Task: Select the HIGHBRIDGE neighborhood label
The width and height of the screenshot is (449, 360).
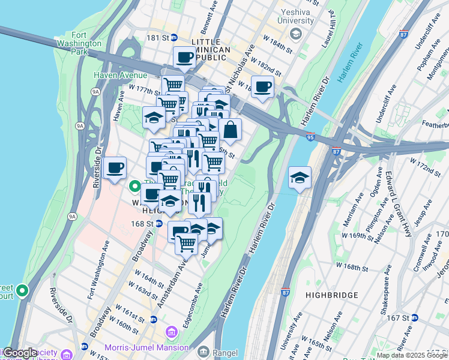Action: pos(331,295)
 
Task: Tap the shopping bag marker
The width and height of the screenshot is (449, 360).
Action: pos(230,128)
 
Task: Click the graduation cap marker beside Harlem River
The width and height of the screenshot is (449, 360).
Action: pos(300,177)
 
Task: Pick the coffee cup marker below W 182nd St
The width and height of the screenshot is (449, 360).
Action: pos(262,86)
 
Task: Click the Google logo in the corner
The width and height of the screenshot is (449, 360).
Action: pos(20,353)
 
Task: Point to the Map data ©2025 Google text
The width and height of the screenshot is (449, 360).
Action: pos(412,355)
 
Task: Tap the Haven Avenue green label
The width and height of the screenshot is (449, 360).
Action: pos(120,75)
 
